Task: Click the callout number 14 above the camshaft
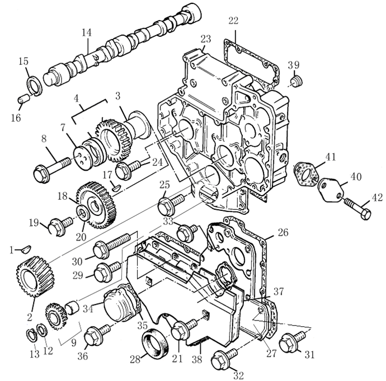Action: [86, 33]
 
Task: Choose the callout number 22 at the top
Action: [233, 21]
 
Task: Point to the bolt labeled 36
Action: [96, 336]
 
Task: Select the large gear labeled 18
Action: [95, 204]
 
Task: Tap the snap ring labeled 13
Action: [32, 335]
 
